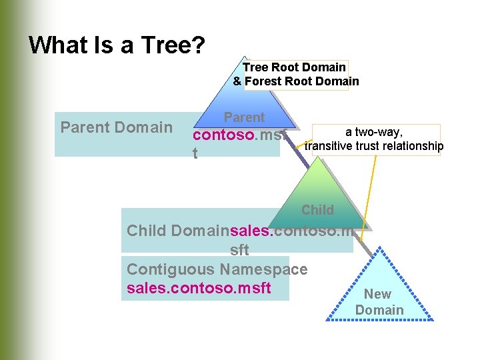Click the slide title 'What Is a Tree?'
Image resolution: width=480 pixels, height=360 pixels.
coord(117,45)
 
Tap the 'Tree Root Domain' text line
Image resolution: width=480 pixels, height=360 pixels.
coord(294,67)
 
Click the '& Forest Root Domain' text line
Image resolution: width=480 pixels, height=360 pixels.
coord(296,81)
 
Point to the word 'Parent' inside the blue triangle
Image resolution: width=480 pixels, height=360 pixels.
coord(244,117)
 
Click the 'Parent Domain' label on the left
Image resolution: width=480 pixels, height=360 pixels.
coord(116,127)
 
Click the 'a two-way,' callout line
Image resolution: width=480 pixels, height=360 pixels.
coord(373,133)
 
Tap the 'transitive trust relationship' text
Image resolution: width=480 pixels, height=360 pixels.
coord(373,146)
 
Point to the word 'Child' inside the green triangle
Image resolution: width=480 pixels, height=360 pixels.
coord(317,210)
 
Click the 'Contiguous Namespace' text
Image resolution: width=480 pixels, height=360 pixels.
coord(217,269)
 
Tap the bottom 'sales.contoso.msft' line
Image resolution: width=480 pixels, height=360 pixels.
coord(199,288)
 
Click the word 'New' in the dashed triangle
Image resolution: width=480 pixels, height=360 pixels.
coord(377,294)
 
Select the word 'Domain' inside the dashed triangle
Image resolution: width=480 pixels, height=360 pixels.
coord(379,310)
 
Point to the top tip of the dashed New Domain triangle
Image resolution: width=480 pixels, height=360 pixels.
coord(379,248)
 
